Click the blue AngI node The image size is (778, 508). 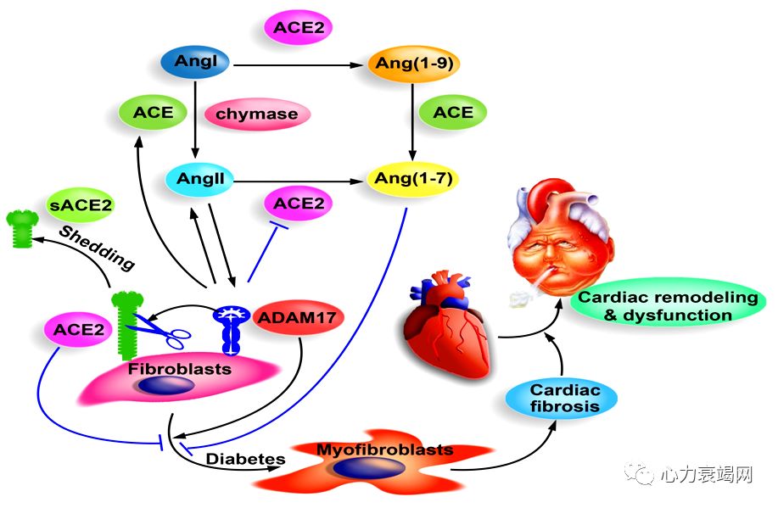[x=196, y=63]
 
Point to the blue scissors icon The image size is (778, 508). [x=165, y=330]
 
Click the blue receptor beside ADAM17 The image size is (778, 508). [x=232, y=327]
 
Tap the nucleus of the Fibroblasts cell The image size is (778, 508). [x=166, y=386]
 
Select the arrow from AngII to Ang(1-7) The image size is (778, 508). [x=301, y=179]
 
